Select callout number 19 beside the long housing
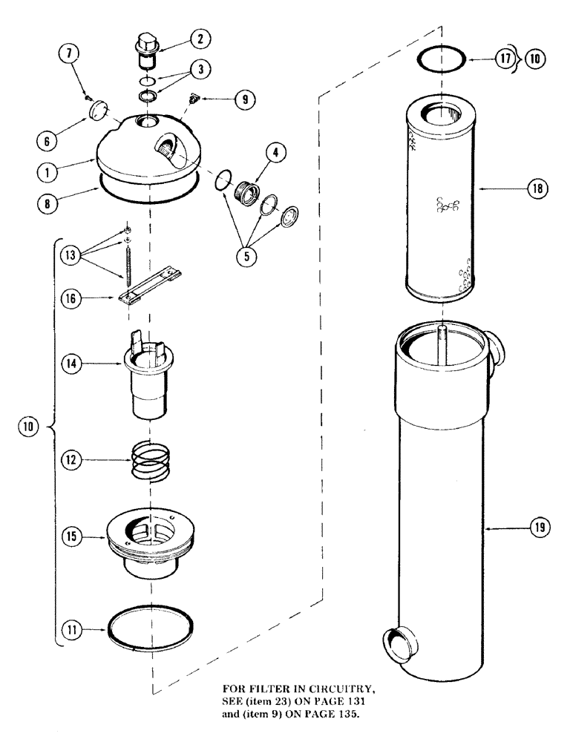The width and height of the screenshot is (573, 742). (539, 528)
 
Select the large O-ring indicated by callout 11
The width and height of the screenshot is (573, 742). (151, 629)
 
